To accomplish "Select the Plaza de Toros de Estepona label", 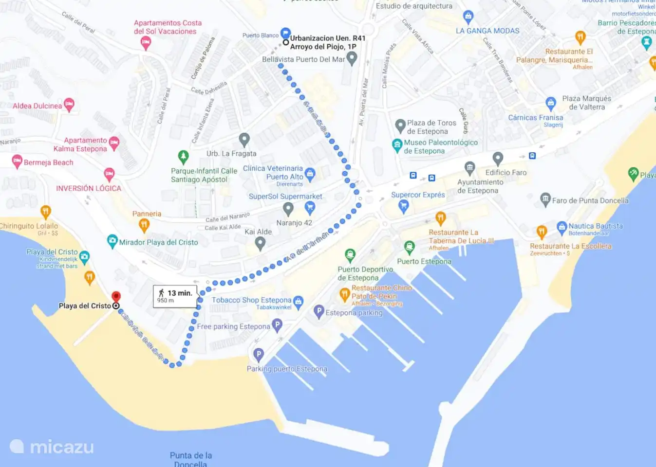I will click(431, 127).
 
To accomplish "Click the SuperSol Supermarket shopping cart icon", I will click(310, 208).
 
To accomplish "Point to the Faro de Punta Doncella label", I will click(590, 200).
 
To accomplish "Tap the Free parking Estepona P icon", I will click(277, 325).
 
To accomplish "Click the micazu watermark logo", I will click(52, 447).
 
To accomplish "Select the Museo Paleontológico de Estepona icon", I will click(397, 144).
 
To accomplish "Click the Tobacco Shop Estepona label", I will click(251, 300).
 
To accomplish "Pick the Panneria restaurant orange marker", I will click(144, 225).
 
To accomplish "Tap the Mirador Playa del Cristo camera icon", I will click(112, 241).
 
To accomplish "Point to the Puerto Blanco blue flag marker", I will click(285, 33).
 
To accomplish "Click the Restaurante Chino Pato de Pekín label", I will click(381, 292).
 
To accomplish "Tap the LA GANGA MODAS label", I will click(487, 31).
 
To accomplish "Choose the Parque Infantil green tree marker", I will click(183, 157).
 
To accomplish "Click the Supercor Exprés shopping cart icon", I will click(403, 206).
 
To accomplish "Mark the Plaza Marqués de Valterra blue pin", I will click(551, 103).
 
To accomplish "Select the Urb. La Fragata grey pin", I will click(244, 140).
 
